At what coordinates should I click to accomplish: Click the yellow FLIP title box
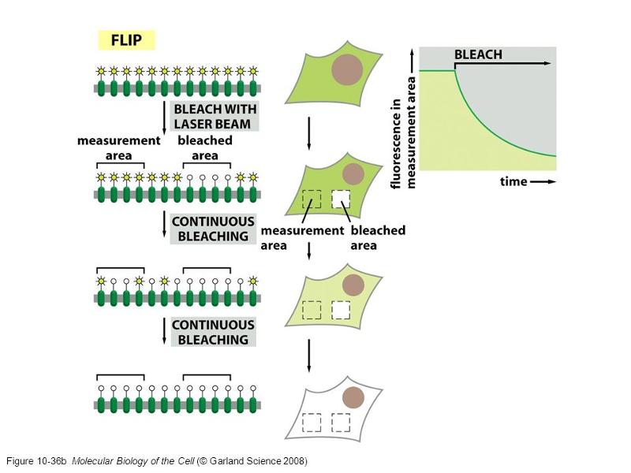(x=125, y=39)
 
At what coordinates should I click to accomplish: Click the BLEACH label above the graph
(x=478, y=56)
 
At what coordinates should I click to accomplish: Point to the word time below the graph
(x=513, y=181)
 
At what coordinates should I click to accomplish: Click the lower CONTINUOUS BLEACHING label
(x=213, y=332)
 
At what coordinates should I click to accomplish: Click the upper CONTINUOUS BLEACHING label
(x=213, y=229)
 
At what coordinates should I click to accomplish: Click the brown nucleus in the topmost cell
(x=347, y=70)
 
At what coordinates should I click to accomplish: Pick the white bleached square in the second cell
(x=341, y=199)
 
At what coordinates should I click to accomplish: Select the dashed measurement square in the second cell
(x=312, y=199)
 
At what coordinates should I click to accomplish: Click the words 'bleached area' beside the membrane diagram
(x=205, y=148)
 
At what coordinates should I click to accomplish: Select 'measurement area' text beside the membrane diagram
(x=118, y=148)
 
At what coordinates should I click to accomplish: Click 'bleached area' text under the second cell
(x=378, y=237)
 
